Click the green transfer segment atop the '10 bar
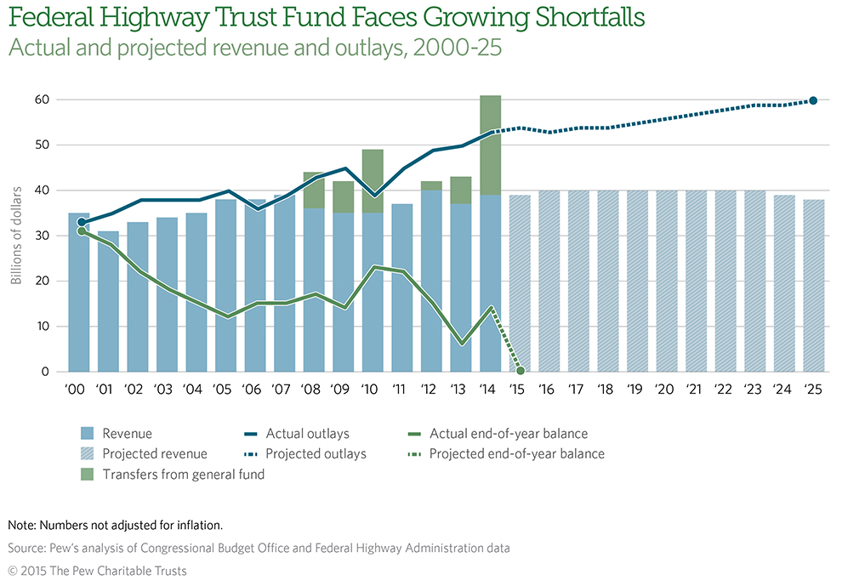(373, 174)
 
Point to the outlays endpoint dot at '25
(813, 100)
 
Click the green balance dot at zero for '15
(521, 371)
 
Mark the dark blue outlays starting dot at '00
(80, 223)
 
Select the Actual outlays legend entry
(307, 434)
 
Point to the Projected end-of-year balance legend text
(516, 453)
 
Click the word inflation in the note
(196, 525)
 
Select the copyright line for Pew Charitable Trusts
(97, 571)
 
